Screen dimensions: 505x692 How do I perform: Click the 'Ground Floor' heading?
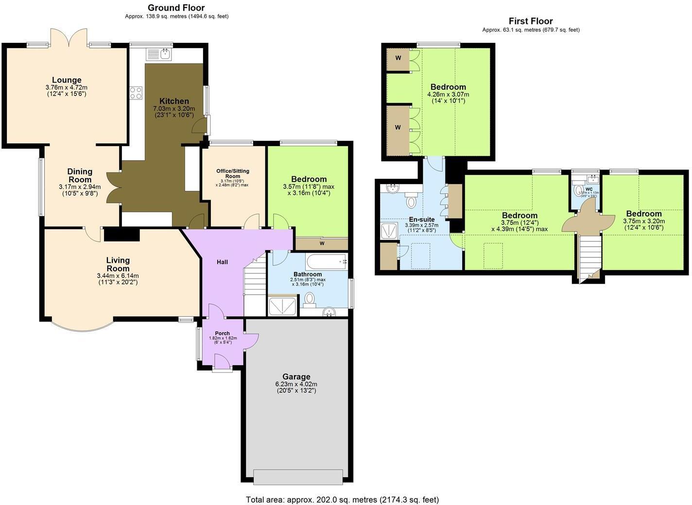pyautogui.click(x=176, y=8)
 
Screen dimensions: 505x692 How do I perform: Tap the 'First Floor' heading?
pyautogui.click(x=531, y=21)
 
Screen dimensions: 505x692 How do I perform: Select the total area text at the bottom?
pyautogui.click(x=342, y=499)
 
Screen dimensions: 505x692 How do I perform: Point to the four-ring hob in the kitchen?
pyautogui.click(x=136, y=93)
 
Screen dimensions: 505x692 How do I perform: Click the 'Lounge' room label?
pyautogui.click(x=67, y=80)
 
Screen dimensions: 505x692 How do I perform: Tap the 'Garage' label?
pyautogui.click(x=296, y=377)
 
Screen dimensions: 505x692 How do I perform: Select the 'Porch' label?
pyautogui.click(x=223, y=333)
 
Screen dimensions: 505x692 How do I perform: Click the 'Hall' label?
pyautogui.click(x=222, y=262)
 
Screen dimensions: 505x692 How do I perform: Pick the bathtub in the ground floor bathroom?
pyautogui.click(x=326, y=262)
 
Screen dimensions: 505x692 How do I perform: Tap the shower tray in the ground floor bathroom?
pyautogui.click(x=283, y=306)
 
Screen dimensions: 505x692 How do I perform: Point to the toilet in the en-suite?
pyautogui.click(x=412, y=200)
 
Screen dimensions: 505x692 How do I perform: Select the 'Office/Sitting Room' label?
pyautogui.click(x=233, y=173)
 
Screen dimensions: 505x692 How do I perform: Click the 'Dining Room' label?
pyautogui.click(x=80, y=175)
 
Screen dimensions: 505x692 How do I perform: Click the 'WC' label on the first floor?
pyautogui.click(x=589, y=189)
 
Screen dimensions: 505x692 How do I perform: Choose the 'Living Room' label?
pyautogui.click(x=118, y=265)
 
